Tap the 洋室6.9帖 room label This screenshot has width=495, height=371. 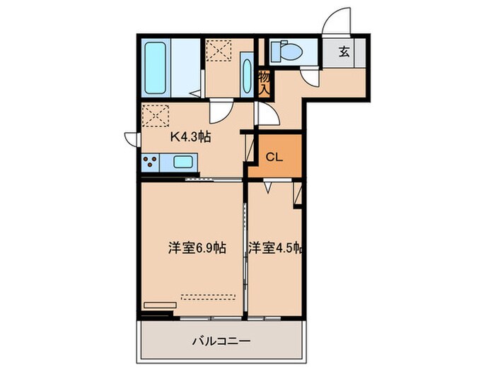[197, 248]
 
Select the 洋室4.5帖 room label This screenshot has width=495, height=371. [276, 248]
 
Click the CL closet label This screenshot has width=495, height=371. [274, 158]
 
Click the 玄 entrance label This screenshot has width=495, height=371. [344, 52]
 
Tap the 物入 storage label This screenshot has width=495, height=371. [264, 83]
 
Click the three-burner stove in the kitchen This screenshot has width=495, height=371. [150, 163]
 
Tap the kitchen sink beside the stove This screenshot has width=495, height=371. [182, 163]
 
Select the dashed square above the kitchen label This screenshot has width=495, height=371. [156, 115]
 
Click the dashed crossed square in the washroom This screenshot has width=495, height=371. [219, 49]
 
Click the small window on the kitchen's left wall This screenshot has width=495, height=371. [131, 138]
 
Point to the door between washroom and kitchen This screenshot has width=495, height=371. [220, 111]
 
